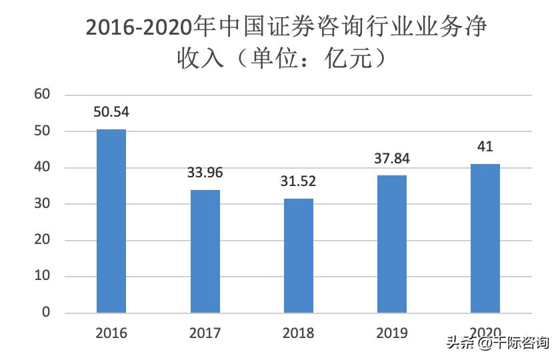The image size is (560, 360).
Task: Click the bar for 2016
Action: pos(111,221)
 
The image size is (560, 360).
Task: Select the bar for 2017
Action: pos(205,251)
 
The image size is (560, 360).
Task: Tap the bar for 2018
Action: pos(299,255)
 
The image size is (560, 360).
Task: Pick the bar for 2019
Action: pos(392,244)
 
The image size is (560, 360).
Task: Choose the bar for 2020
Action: pos(485,238)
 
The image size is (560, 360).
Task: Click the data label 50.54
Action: pos(111,112)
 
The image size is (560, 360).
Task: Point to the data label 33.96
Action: pos(205,173)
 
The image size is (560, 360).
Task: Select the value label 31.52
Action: pos(299,181)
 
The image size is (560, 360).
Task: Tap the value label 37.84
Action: pos(392,159)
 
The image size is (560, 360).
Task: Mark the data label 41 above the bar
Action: pos(485,147)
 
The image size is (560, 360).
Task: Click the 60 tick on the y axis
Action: pos(43,95)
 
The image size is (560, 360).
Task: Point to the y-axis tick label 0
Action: pos(47,313)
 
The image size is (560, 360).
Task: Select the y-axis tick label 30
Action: pos(43,204)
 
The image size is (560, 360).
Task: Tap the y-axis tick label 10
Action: pos(43,277)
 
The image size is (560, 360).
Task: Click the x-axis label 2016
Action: pos(111,333)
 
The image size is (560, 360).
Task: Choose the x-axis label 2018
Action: pos(299,333)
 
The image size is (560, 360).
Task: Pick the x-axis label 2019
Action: pos(392,333)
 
